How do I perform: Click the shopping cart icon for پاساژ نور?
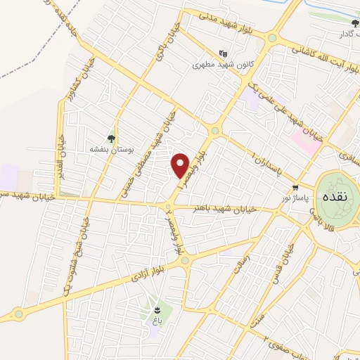(296, 188)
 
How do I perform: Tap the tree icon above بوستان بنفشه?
(110, 139)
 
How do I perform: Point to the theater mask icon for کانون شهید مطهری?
(223, 53)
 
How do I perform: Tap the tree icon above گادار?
(356, 23)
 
